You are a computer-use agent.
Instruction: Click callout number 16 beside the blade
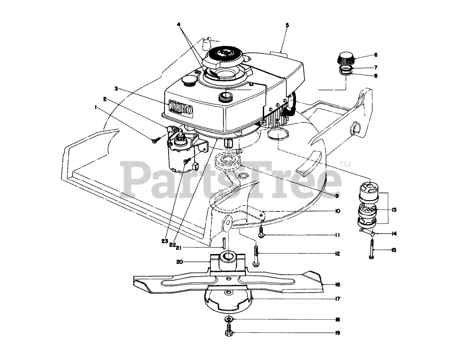pyautogui.click(x=337, y=284)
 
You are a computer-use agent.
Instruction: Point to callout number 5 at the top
pyautogui.click(x=287, y=25)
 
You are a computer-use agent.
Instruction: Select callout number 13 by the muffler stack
pyautogui.click(x=394, y=210)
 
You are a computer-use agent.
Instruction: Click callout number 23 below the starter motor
pyautogui.click(x=164, y=241)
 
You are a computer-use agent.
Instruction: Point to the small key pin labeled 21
pyautogui.click(x=223, y=243)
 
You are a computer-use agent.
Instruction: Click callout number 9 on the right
pyautogui.click(x=336, y=196)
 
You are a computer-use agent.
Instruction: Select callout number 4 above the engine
pyautogui.click(x=178, y=25)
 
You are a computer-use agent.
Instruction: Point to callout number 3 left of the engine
pyautogui.click(x=116, y=88)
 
